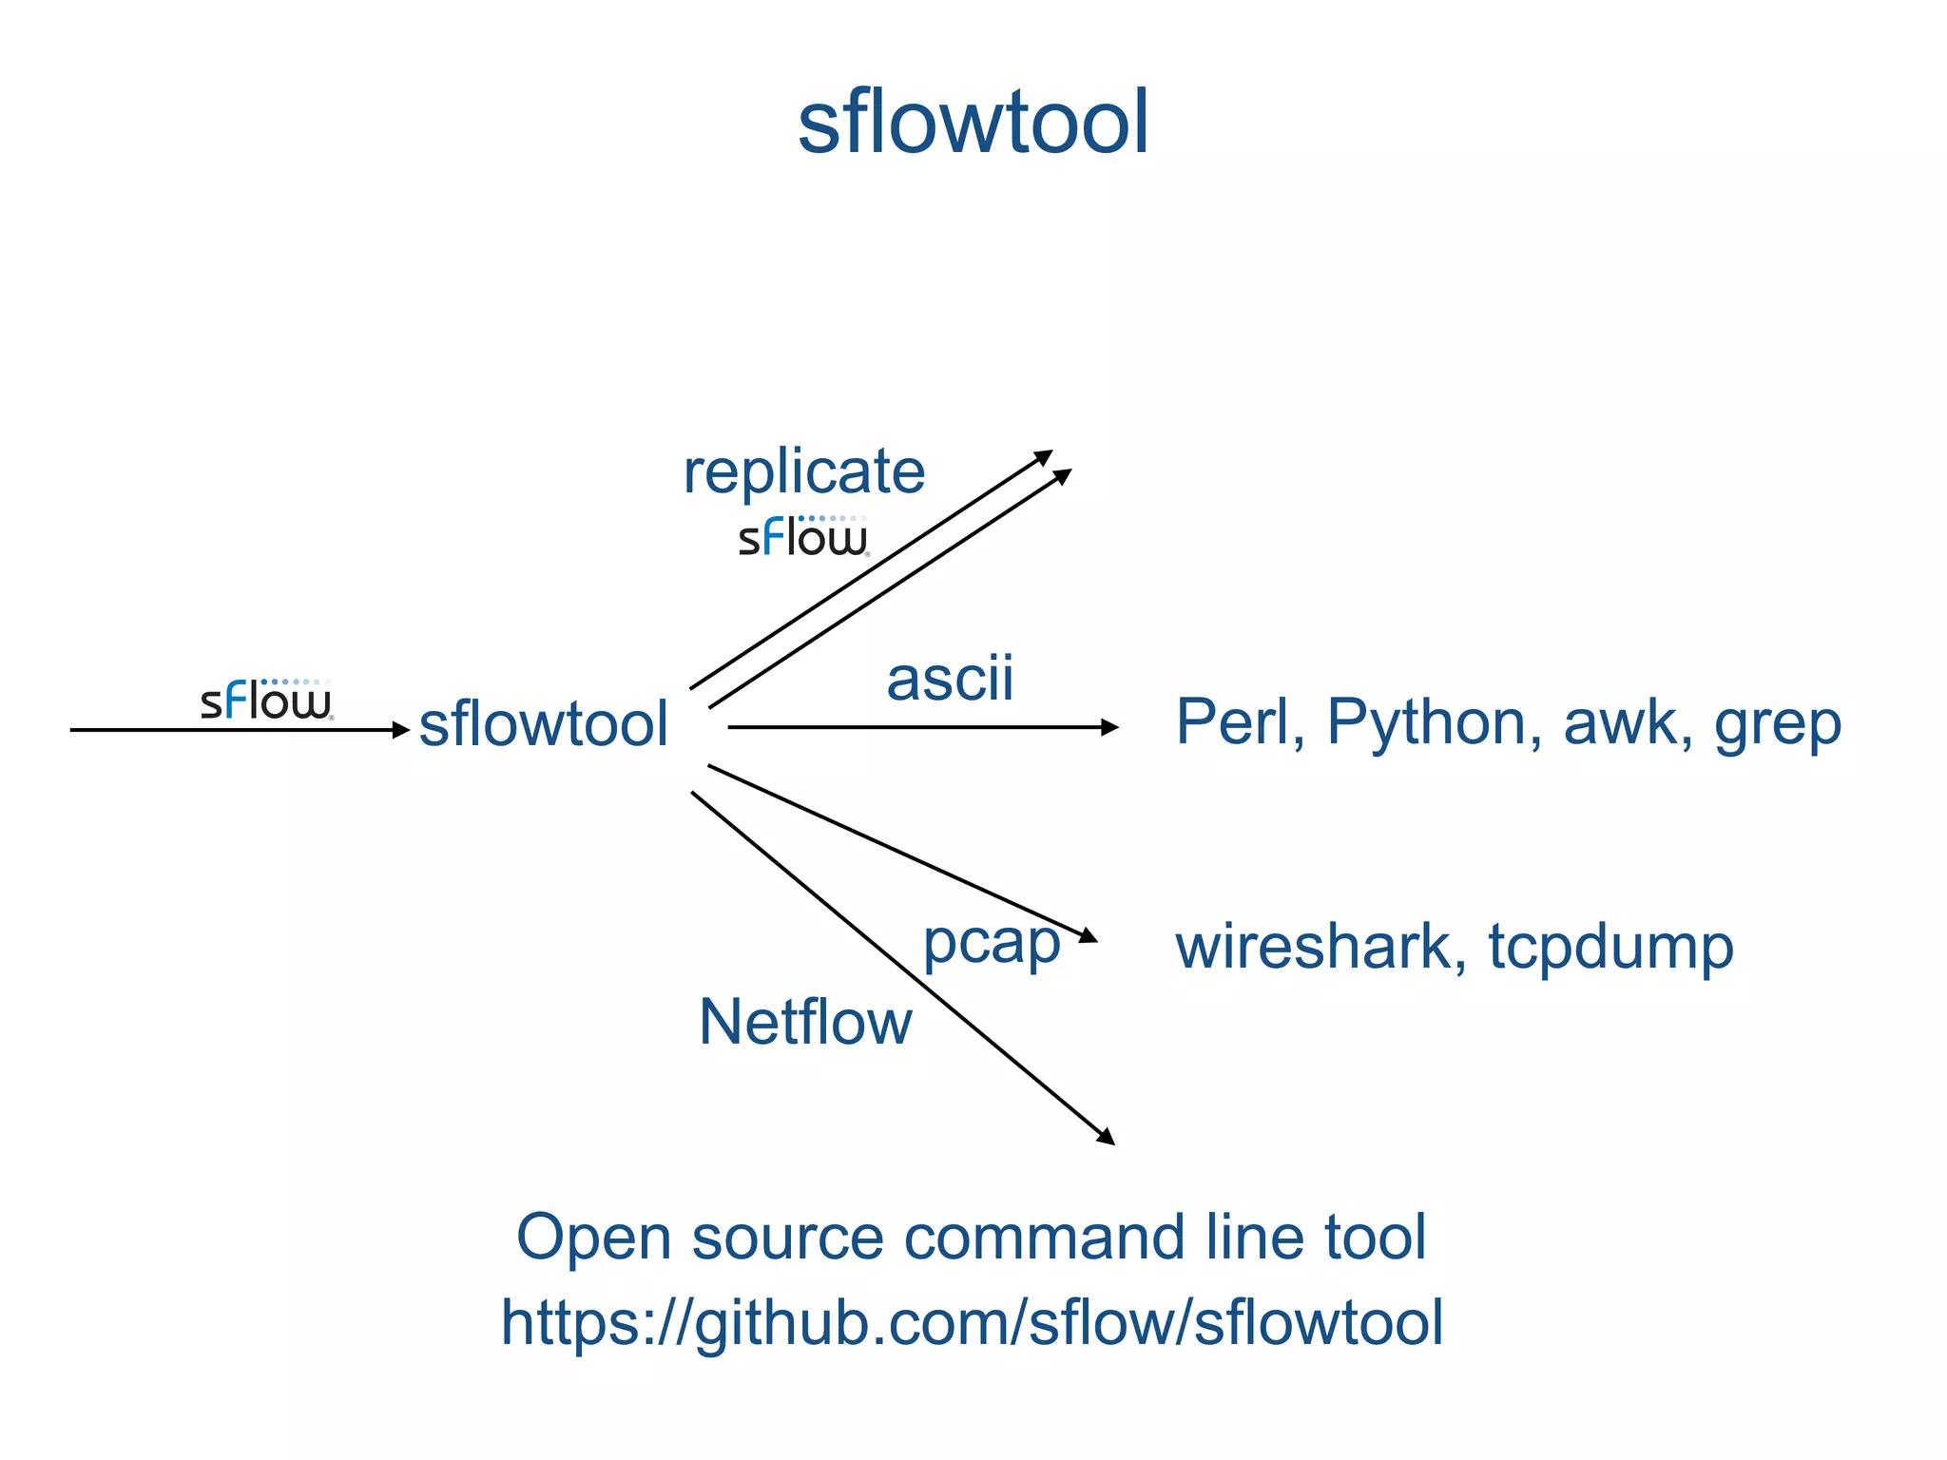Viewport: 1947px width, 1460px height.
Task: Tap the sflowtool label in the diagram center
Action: tap(544, 724)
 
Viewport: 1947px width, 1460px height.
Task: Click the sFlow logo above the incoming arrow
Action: tap(266, 701)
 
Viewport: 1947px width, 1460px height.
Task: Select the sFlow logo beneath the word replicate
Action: tap(803, 537)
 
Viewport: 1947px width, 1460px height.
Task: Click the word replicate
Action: tap(804, 472)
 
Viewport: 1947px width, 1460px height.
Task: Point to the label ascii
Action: tap(950, 680)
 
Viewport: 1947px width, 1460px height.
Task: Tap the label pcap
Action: tap(992, 944)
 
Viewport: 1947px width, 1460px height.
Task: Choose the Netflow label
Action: tap(805, 1023)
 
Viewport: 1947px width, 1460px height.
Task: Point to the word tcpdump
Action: tap(1610, 949)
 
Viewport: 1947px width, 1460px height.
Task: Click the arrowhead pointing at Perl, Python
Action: tap(1109, 727)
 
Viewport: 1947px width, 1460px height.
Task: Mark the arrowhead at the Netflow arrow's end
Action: tap(1106, 1137)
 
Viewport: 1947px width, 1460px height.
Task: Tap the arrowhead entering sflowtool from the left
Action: tap(401, 730)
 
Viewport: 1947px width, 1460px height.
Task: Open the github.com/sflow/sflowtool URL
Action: tap(972, 1323)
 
